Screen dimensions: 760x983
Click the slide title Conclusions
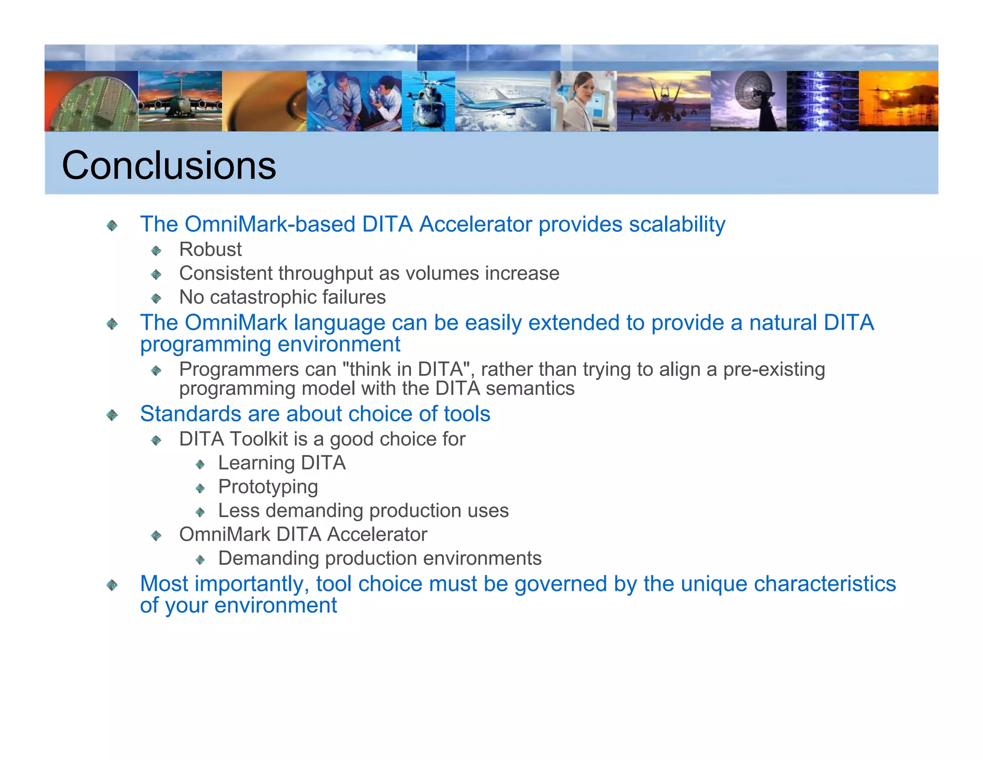click(x=169, y=165)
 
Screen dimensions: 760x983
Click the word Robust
click(x=210, y=249)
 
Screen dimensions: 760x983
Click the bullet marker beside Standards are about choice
click(x=112, y=415)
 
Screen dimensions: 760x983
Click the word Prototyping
click(x=268, y=487)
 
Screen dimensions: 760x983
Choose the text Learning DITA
click(x=282, y=463)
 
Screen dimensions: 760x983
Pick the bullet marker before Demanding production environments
click(x=200, y=560)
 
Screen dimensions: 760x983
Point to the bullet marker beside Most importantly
click(x=112, y=585)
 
